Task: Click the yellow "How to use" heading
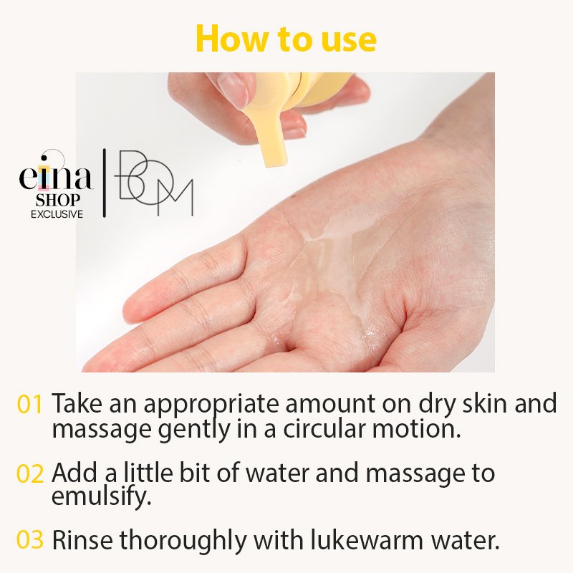pyautogui.click(x=286, y=39)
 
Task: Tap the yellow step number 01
pyautogui.click(x=30, y=404)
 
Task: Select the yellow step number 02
pyautogui.click(x=30, y=473)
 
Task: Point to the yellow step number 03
pyautogui.click(x=30, y=540)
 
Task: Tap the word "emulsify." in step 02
pyautogui.click(x=101, y=496)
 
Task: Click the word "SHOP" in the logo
pyautogui.click(x=57, y=200)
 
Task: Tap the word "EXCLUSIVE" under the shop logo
pyautogui.click(x=57, y=214)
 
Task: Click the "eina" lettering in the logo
pyautogui.click(x=56, y=175)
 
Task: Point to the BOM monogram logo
pyautogui.click(x=153, y=183)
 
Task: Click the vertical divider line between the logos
pyautogui.click(x=104, y=183)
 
